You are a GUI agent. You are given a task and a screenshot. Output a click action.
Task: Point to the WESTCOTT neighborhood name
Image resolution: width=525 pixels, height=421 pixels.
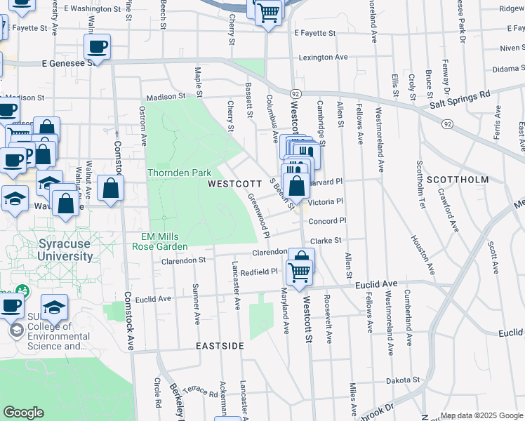pyautogui.click(x=234, y=183)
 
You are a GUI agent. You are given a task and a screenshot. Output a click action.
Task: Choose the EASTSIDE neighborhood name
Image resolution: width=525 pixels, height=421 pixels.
pyautogui.click(x=220, y=346)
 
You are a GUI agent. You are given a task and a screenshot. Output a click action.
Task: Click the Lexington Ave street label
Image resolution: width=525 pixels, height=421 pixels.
pyautogui.click(x=323, y=58)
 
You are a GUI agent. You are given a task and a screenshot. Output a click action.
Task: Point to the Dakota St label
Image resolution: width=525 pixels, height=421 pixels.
pyautogui.click(x=403, y=380)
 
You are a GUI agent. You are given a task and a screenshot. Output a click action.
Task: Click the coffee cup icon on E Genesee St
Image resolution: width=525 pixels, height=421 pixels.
pyautogui.click(x=97, y=48)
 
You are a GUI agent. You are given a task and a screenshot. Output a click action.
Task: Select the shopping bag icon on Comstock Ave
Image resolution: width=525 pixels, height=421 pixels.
pyautogui.click(x=111, y=188)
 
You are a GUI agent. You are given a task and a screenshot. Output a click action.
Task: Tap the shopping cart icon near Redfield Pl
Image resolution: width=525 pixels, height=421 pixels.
pyautogui.click(x=300, y=271)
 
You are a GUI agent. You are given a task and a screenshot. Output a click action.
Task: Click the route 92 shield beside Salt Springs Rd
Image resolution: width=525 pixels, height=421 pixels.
pyautogui.click(x=446, y=123)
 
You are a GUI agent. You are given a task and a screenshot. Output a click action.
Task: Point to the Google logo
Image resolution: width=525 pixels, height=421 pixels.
pyautogui.click(x=24, y=413)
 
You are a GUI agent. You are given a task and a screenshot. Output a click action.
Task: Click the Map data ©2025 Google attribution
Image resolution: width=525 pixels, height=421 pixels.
pyautogui.click(x=481, y=415)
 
